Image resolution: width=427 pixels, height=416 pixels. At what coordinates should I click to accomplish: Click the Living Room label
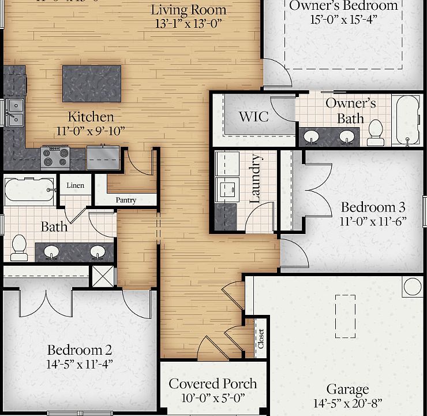[x=189, y=10]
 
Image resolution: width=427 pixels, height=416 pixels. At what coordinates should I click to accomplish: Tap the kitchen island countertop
[x=92, y=83]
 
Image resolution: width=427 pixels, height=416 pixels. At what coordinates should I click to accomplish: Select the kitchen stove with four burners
[x=55, y=157]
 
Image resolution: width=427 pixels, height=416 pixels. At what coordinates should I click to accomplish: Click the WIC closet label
[x=254, y=117]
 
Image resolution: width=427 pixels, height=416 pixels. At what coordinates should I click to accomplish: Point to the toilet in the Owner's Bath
[x=376, y=132]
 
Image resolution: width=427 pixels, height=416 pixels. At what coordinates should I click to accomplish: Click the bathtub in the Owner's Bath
[x=408, y=120]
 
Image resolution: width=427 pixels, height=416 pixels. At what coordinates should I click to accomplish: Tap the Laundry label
[x=255, y=179]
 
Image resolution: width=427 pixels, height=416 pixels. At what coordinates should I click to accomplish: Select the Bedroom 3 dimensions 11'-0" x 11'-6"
[x=373, y=221]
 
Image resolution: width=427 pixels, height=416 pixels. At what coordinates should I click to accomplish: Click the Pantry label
[x=126, y=200]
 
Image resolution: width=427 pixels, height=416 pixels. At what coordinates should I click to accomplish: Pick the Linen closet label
[x=76, y=185]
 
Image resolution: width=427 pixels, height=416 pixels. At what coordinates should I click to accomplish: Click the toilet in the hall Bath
[x=18, y=247]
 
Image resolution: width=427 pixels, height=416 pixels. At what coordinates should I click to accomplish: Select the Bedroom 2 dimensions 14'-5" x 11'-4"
[x=80, y=364]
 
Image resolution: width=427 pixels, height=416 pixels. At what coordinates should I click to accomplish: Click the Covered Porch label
[x=213, y=384]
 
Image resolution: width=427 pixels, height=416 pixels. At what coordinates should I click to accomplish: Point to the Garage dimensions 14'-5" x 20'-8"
[x=348, y=403]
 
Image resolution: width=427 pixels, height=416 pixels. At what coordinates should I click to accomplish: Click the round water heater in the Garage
[x=413, y=286]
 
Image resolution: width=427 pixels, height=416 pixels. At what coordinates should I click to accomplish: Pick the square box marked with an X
[x=104, y=276]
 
